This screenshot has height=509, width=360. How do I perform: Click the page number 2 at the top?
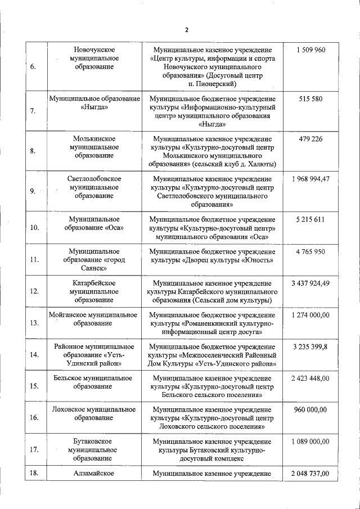pos(186,29)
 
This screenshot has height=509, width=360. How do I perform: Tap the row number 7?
pos(33,111)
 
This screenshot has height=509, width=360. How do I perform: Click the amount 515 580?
pos(310,98)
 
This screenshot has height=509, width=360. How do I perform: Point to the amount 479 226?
pos(310,138)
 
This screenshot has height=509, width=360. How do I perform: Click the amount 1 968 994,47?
pos(310,179)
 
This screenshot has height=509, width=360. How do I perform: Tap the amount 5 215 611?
pos(310,219)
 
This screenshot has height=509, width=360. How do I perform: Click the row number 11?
pos(33,260)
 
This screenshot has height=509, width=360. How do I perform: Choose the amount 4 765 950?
pos(310,251)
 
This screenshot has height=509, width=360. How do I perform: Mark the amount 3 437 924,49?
pos(310,283)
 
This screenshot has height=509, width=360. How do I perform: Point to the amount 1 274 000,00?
pos(310,315)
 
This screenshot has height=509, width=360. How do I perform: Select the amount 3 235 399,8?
pos(310,347)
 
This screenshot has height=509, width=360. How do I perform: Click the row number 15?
pos(33,386)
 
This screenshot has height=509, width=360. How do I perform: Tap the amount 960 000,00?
pos(310,410)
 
